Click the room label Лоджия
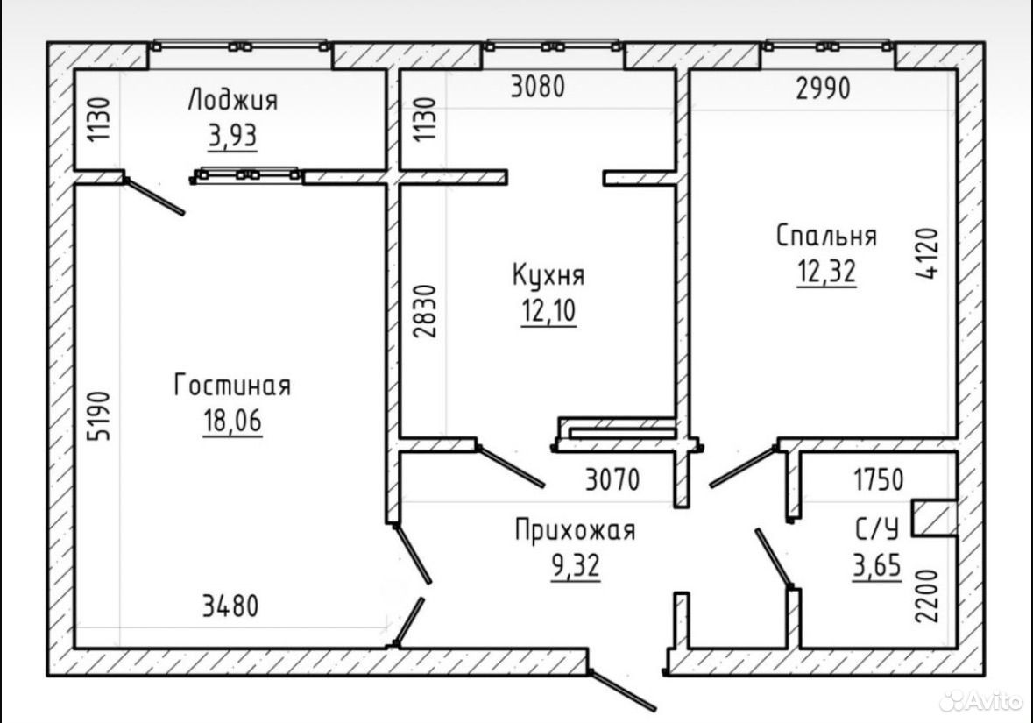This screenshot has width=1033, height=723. coord(232,101)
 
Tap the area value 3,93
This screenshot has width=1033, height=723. coord(232,137)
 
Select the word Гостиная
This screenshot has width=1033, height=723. coord(232,386)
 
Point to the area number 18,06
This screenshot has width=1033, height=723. coord(232,421)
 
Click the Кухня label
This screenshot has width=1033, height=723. coord(548,275)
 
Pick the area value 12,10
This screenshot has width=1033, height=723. coord(548,310)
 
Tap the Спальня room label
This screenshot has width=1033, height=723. coord(826,236)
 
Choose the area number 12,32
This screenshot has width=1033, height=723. coord(827,271)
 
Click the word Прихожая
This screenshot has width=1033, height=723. coord(575,530)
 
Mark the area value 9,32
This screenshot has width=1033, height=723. coord(576,565)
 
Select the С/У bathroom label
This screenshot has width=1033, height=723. coord(877,528)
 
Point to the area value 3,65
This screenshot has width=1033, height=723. coord(877,565)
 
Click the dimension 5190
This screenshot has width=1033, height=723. coord(100,416)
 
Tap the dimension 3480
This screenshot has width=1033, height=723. coord(230,606)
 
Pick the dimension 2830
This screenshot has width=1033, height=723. coord(425,311)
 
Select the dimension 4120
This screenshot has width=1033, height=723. coord(927,254)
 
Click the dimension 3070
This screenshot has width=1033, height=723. coord(612,479)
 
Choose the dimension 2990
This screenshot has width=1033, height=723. coord(823,88)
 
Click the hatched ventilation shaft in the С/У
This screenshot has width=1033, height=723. coord(934,518)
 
